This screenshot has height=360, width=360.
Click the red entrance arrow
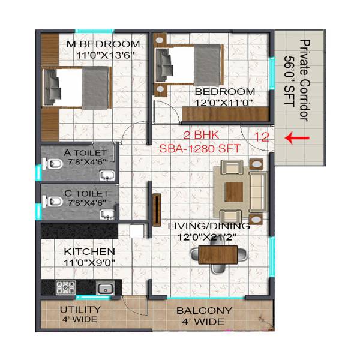[x=297, y=138]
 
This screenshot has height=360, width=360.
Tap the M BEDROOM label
[x=104, y=44]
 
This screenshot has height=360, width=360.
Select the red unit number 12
[x=261, y=137]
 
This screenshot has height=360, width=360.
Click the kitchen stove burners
[x=65, y=287]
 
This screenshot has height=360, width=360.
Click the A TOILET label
[x=85, y=153]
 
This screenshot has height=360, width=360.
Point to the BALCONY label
[x=203, y=311]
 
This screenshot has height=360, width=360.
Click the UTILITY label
[x=80, y=310]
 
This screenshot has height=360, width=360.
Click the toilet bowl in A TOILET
[x=52, y=165]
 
